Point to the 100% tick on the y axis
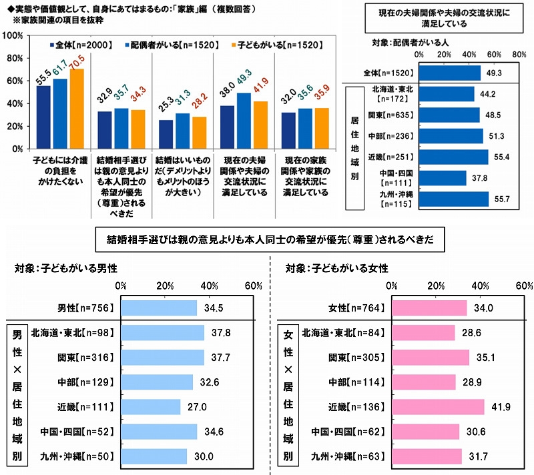tap(15, 35)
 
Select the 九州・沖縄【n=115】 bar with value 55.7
tap(455, 200)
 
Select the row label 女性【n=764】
tap(357, 308)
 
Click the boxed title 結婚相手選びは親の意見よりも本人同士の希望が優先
tap(267, 239)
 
